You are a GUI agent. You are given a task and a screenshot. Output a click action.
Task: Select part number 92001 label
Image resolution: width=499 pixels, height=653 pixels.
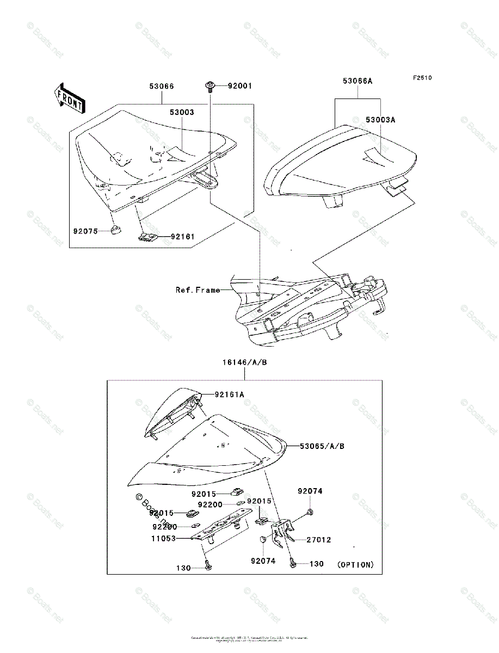click(239, 86)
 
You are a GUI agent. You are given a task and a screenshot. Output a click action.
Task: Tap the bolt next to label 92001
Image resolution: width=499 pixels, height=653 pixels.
click(210, 85)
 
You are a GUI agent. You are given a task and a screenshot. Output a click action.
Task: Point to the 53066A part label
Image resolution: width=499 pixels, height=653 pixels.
click(358, 81)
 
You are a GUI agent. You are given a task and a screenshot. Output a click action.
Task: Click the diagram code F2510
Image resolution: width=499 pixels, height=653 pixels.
click(422, 78)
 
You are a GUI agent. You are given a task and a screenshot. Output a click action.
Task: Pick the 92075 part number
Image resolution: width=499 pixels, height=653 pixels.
click(85, 231)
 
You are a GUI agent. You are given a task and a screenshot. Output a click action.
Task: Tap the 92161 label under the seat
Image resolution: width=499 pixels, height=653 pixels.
click(182, 237)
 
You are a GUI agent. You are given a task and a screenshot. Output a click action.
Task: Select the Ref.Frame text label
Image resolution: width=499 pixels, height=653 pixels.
click(198, 290)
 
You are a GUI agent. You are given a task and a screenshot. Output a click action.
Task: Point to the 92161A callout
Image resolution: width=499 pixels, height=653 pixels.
click(229, 394)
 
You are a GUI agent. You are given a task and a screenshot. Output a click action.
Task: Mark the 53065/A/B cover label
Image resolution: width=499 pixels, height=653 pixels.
click(322, 446)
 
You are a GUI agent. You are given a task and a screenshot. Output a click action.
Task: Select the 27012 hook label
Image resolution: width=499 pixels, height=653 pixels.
click(318, 540)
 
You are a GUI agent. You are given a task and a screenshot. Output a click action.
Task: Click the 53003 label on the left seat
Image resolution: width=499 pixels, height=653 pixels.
click(181, 112)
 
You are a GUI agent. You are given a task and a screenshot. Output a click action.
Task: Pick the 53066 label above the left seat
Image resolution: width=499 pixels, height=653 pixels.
click(162, 86)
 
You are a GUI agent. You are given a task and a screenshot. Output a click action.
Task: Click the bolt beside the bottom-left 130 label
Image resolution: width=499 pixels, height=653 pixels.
click(208, 567)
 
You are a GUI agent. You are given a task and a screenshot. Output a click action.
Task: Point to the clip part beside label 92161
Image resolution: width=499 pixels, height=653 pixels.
click(147, 237)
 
